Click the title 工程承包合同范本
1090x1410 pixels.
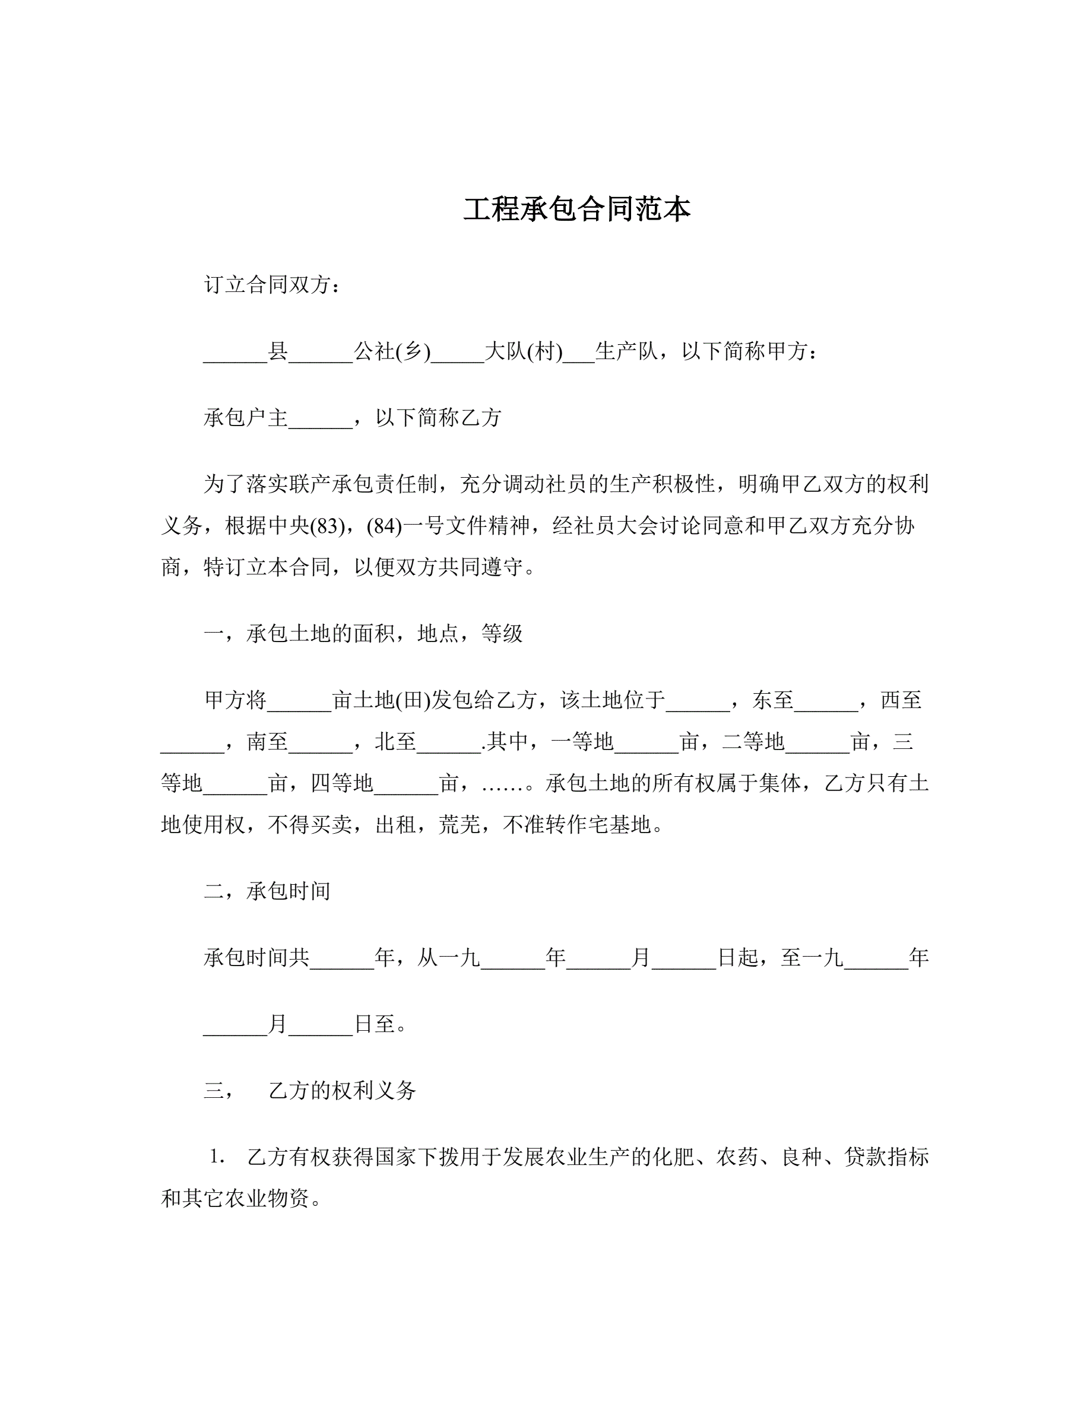click(576, 209)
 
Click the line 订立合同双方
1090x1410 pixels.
click(272, 285)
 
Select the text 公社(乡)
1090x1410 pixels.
click(392, 351)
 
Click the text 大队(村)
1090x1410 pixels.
click(523, 351)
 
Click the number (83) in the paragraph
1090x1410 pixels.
click(327, 526)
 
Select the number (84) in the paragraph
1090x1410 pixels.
click(384, 526)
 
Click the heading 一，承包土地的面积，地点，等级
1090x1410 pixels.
click(363, 633)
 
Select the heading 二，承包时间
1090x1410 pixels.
click(267, 891)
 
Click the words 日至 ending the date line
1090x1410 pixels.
click(375, 1024)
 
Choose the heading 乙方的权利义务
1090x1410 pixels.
click(342, 1090)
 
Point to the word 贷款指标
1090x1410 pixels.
click(886, 1157)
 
